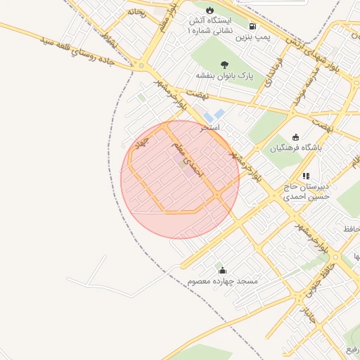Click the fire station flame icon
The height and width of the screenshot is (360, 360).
pos(209,10)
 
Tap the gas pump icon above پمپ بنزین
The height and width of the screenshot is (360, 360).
pos(252,25)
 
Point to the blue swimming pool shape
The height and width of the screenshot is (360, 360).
pos(214,115)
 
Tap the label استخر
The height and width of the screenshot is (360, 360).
pos(210,128)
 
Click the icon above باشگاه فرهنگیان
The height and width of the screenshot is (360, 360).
pos(295,137)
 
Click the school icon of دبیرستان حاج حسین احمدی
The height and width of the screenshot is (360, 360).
pos(306,176)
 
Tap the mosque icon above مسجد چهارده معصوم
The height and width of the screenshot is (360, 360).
pos(223,270)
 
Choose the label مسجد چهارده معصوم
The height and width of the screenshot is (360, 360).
pos(223,281)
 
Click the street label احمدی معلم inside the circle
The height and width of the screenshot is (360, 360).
pos(189,162)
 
